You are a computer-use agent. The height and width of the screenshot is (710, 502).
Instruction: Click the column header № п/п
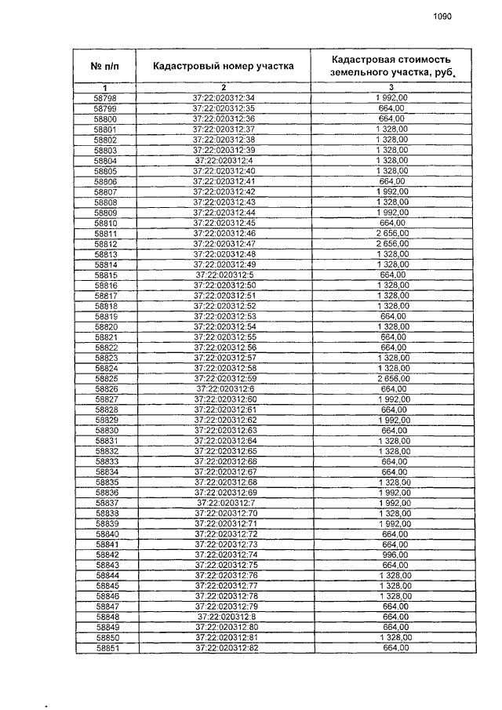(x=105, y=66)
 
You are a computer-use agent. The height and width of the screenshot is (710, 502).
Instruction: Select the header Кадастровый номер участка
(x=224, y=66)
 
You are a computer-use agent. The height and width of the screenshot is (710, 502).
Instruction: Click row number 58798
(x=104, y=97)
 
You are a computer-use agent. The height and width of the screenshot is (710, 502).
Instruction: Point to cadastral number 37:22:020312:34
(x=224, y=97)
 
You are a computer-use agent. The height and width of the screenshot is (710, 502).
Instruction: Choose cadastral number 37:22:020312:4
(x=224, y=160)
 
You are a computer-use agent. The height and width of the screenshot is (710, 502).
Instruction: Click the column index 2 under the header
(x=224, y=86)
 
